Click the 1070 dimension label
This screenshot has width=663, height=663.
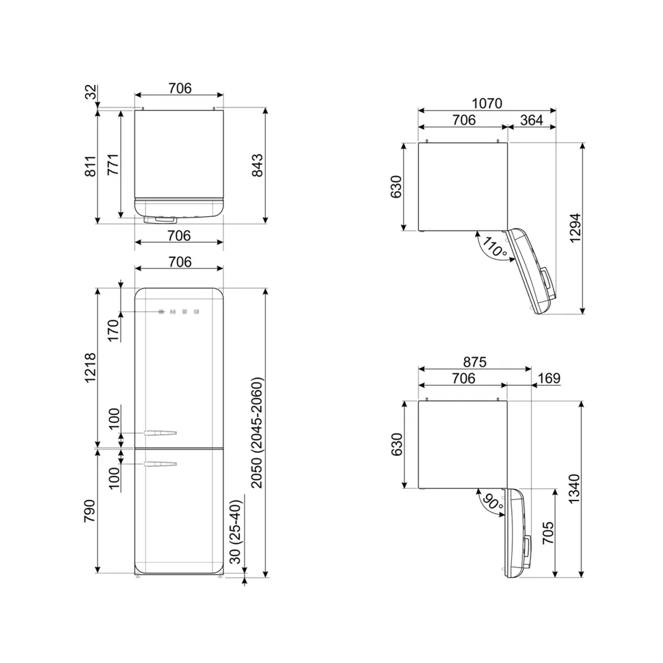click(x=487, y=103)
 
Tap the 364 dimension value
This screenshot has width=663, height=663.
click(x=532, y=120)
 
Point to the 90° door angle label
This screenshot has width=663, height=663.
click(x=493, y=502)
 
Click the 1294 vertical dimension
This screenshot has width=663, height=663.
click(x=575, y=228)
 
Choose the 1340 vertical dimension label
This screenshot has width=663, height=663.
click(x=574, y=489)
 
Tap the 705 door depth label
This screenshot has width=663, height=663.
click(x=548, y=533)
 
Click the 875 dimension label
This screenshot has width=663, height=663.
click(x=475, y=362)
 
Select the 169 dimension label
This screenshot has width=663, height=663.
click(x=549, y=378)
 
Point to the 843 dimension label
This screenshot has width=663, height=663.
click(x=257, y=165)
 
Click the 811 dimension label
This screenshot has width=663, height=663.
click(x=90, y=166)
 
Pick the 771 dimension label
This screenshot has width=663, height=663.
click(x=113, y=164)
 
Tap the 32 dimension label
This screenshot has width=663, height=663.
click(x=90, y=92)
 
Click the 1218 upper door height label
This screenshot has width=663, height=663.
click(x=90, y=368)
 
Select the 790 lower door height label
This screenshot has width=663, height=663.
click(x=90, y=511)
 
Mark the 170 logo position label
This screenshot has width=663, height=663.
click(x=113, y=331)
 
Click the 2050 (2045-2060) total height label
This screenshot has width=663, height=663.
click(x=257, y=432)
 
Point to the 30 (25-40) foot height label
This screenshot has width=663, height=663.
click(x=236, y=532)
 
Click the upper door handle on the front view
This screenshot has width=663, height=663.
click(x=160, y=433)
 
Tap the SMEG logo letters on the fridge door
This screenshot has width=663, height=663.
click(x=179, y=312)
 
